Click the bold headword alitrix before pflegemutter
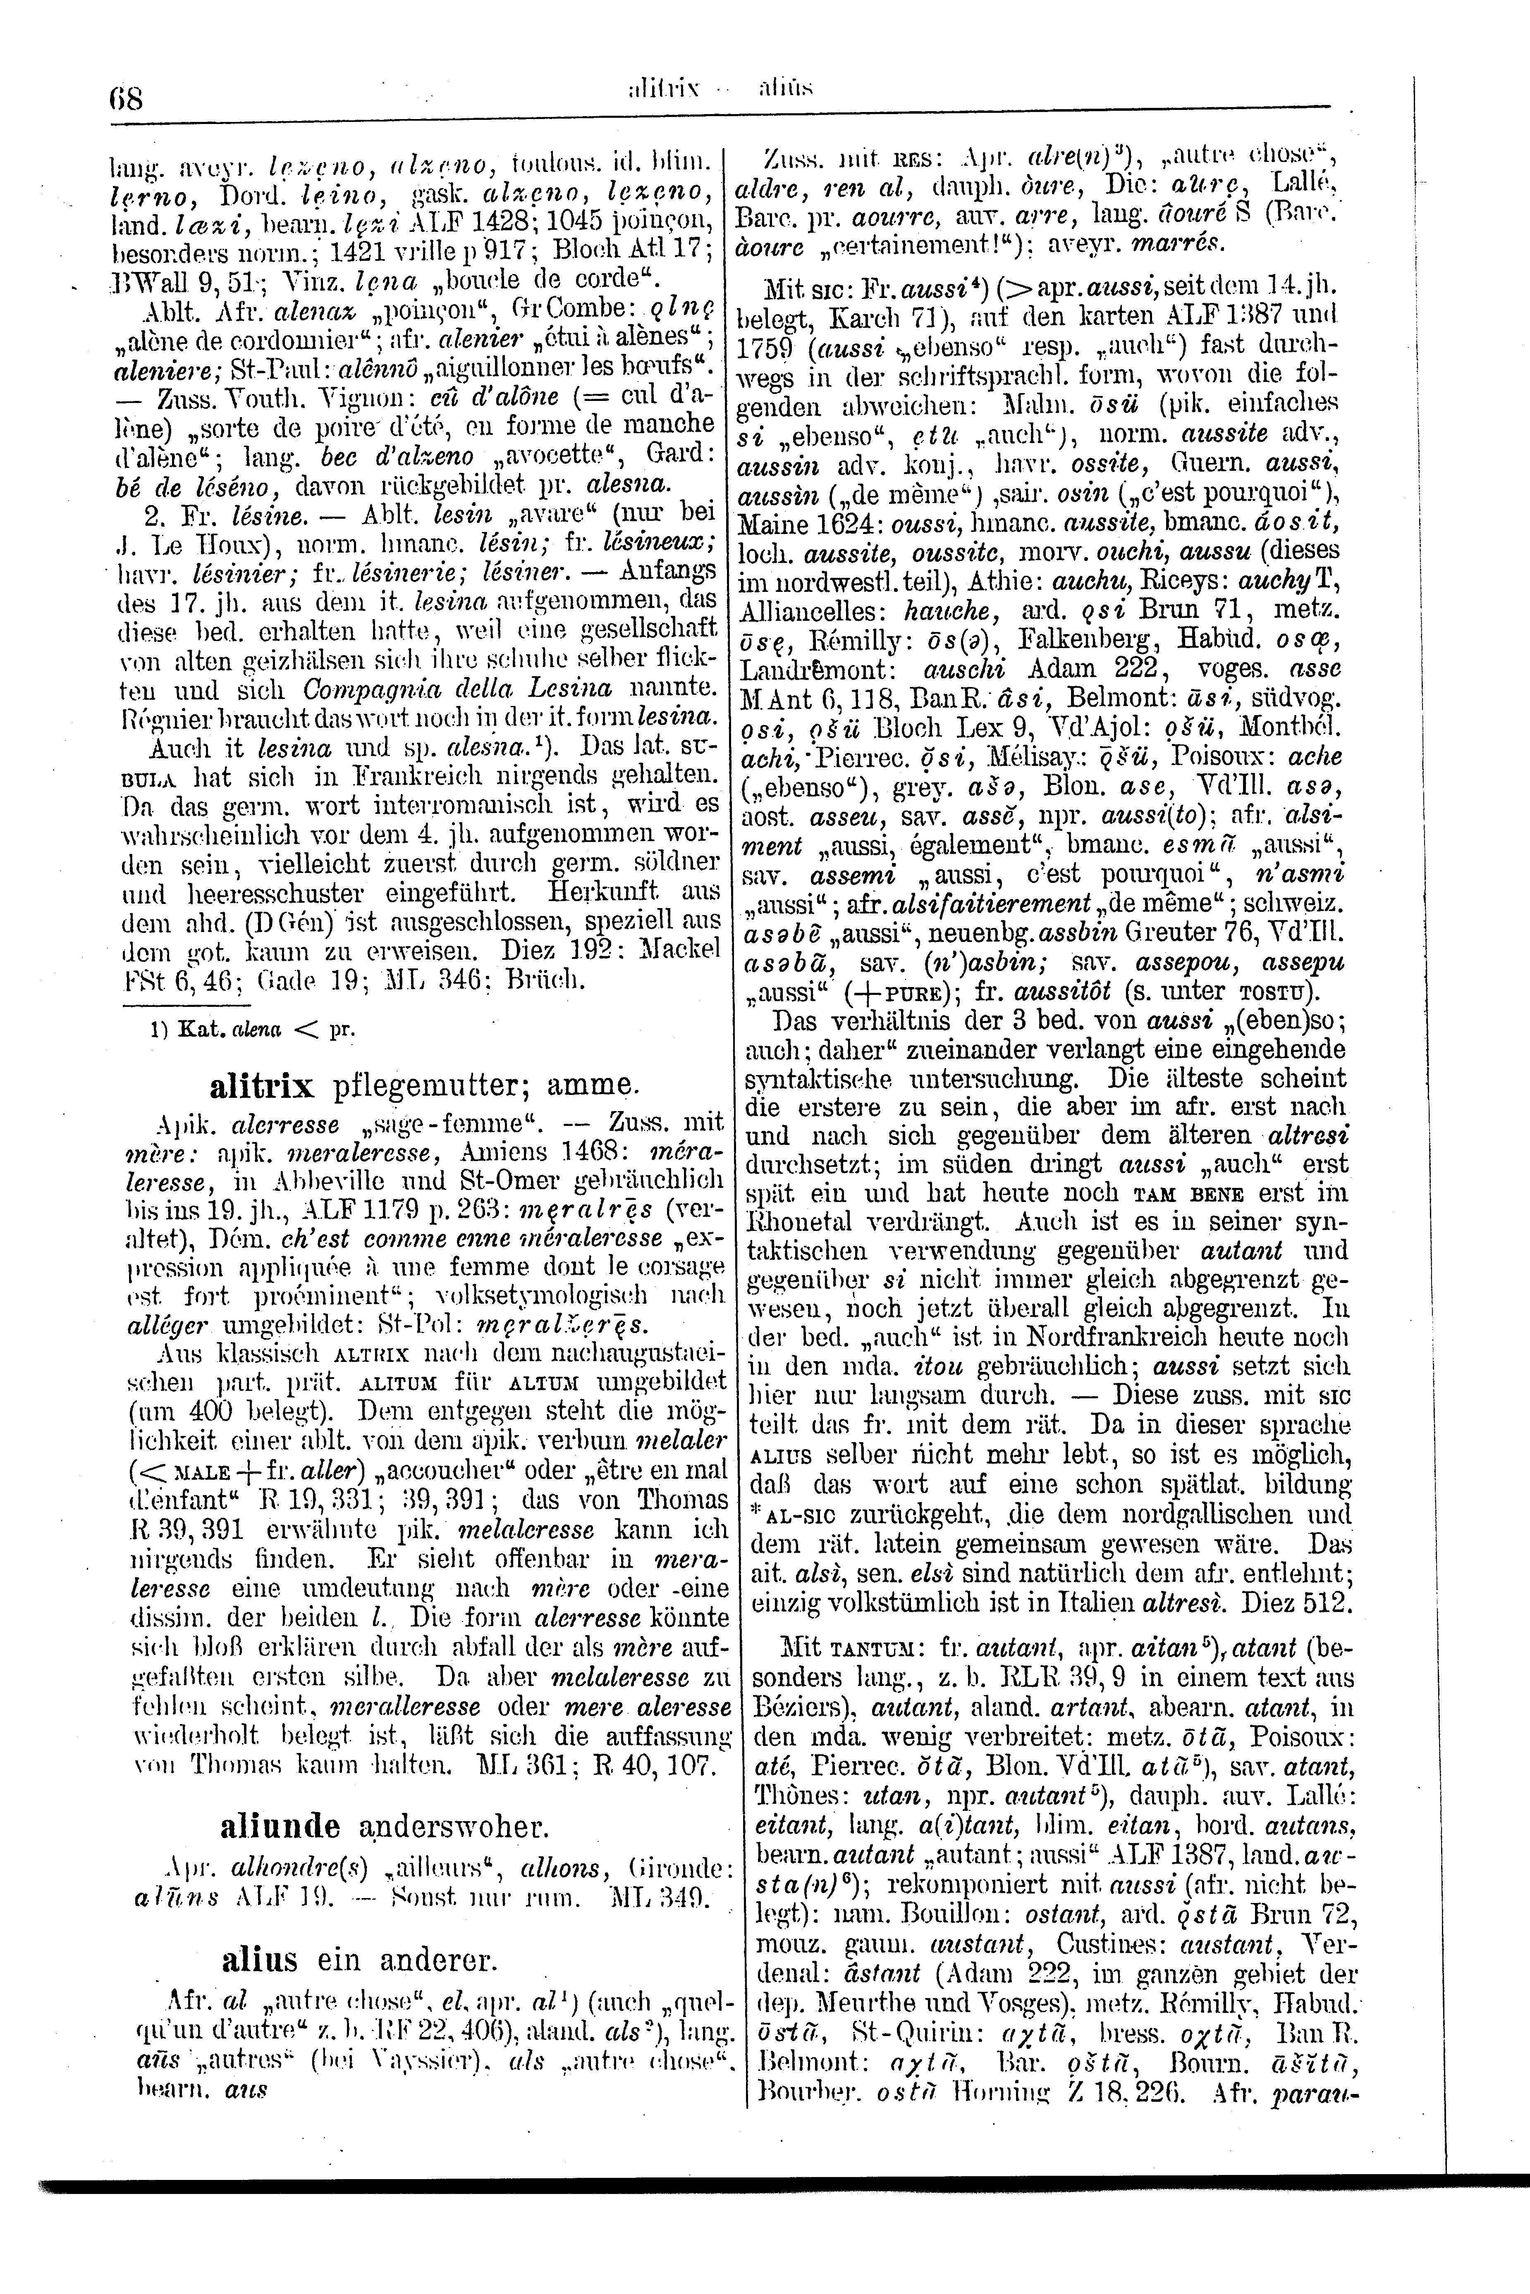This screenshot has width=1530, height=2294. click(261, 1085)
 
